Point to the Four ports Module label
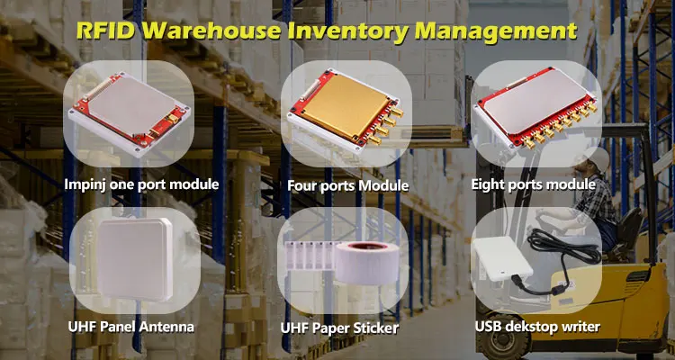(x=347, y=186)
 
